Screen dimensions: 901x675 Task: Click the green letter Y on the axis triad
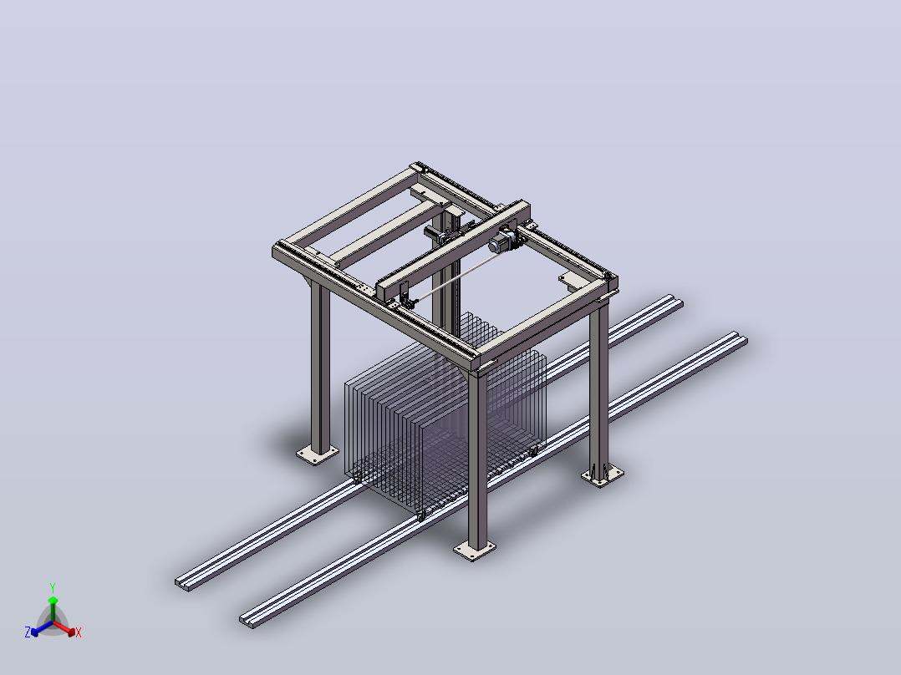(x=53, y=587)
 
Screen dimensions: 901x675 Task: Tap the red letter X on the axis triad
(x=79, y=632)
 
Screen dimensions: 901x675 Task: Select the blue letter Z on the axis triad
(x=28, y=632)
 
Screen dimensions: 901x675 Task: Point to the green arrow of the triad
(x=53, y=610)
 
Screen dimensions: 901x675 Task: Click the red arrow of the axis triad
(x=64, y=628)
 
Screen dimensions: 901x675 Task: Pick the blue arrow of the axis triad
(x=42, y=628)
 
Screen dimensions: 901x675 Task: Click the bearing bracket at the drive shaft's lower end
(x=407, y=301)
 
